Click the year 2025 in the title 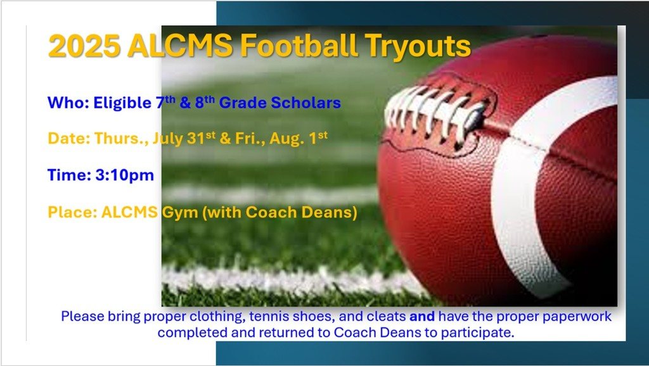(x=84, y=46)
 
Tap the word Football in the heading (x=299, y=45)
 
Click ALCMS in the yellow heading (x=180, y=46)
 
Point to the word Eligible (x=122, y=103)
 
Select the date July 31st (x=184, y=138)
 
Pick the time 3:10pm (x=125, y=175)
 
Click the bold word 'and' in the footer (x=421, y=317)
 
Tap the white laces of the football (x=435, y=111)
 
